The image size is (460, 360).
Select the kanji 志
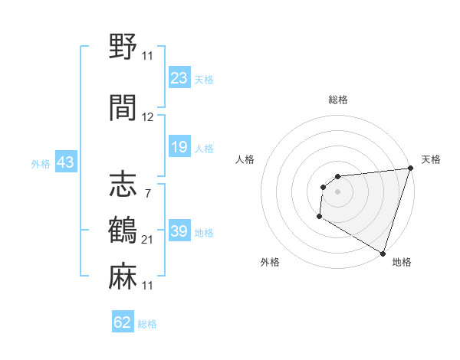[123, 185]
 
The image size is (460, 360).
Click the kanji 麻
[123, 276]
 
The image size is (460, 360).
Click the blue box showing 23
[179, 78]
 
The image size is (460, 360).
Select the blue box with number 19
[179, 147]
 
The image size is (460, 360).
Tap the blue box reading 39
[179, 231]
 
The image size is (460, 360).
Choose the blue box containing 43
[64, 162]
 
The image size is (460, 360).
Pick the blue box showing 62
[123, 322]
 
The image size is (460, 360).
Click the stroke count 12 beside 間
[148, 117]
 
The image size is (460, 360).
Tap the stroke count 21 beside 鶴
[148, 239]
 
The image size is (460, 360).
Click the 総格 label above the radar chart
[337, 100]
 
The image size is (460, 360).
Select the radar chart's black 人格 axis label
[245, 159]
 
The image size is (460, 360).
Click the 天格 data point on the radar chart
[410, 169]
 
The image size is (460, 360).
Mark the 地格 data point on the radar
[383, 253]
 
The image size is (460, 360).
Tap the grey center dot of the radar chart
[337, 191]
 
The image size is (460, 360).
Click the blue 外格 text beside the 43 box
[40, 163]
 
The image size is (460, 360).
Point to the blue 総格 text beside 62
[147, 324]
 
